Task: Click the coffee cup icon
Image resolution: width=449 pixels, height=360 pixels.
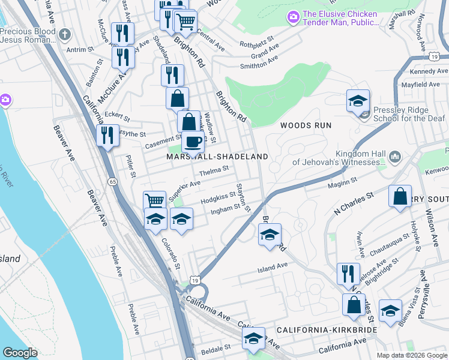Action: point(193,141)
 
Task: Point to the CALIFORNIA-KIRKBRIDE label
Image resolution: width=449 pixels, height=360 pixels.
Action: point(327,331)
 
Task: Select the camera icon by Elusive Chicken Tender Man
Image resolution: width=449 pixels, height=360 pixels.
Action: point(293,18)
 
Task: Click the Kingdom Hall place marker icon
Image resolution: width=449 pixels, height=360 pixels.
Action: point(395,158)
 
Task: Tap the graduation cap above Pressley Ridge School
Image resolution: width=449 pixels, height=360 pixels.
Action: point(358,101)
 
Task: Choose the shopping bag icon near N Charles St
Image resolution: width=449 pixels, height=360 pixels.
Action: point(400,196)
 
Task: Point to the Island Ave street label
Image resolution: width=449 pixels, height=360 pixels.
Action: point(273,266)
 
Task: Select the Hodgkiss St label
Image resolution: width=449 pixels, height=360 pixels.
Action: point(218,196)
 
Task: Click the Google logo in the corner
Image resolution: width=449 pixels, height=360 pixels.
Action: point(20,353)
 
